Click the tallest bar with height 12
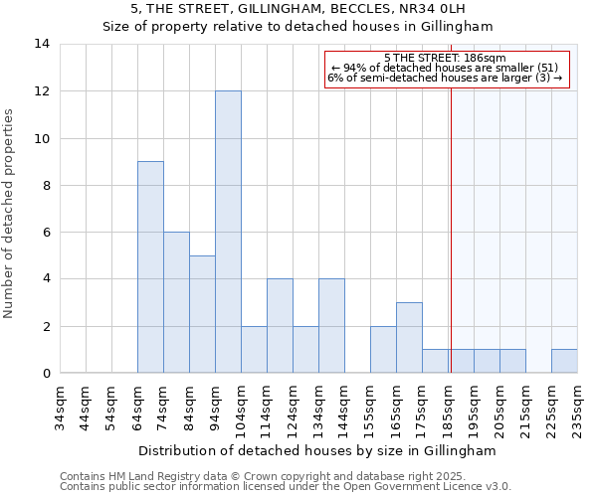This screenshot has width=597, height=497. tap(228, 232)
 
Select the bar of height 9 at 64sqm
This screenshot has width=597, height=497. tap(150, 266)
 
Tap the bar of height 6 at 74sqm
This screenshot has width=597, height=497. tap(176, 302)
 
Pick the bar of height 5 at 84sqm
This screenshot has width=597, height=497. tap(202, 314)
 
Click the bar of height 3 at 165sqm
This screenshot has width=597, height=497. tap(409, 337)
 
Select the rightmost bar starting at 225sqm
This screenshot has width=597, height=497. tap(564, 361)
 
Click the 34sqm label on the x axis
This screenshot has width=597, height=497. tap(60, 406)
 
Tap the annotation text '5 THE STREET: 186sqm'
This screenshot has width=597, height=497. tap(445, 59)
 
